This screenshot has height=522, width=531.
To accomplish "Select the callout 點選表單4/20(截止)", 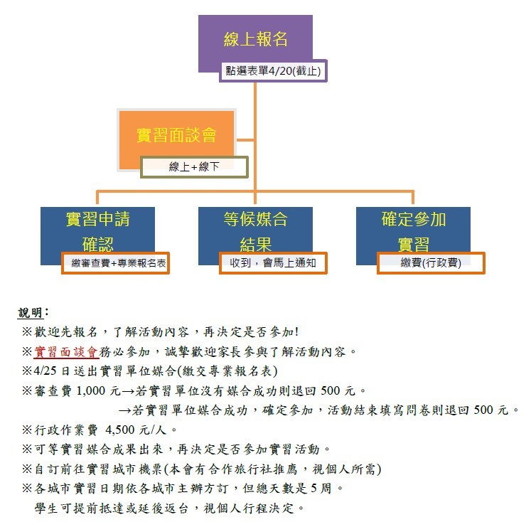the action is (x=273, y=71).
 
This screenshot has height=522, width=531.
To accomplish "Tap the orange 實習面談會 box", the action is (x=176, y=135).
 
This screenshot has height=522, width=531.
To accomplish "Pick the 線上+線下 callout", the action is (x=194, y=166).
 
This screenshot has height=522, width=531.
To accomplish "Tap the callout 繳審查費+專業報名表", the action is (x=115, y=263).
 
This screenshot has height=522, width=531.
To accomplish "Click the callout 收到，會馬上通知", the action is (x=273, y=263).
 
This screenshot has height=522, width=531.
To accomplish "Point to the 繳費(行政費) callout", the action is (x=431, y=263).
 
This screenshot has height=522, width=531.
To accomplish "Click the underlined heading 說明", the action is (x=30, y=313).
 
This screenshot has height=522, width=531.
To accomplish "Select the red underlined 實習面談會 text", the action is (x=66, y=352).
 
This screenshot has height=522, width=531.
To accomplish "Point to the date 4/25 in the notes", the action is (x=45, y=371).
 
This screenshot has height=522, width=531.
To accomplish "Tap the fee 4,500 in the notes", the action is (x=120, y=430).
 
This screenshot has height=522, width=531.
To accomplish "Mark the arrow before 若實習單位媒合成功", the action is (x=124, y=411).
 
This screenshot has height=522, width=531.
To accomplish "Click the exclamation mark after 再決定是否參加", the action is (x=296, y=331).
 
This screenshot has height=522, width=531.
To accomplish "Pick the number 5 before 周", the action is (x=314, y=488).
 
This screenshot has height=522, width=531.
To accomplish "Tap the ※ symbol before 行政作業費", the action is (x=27, y=430).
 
